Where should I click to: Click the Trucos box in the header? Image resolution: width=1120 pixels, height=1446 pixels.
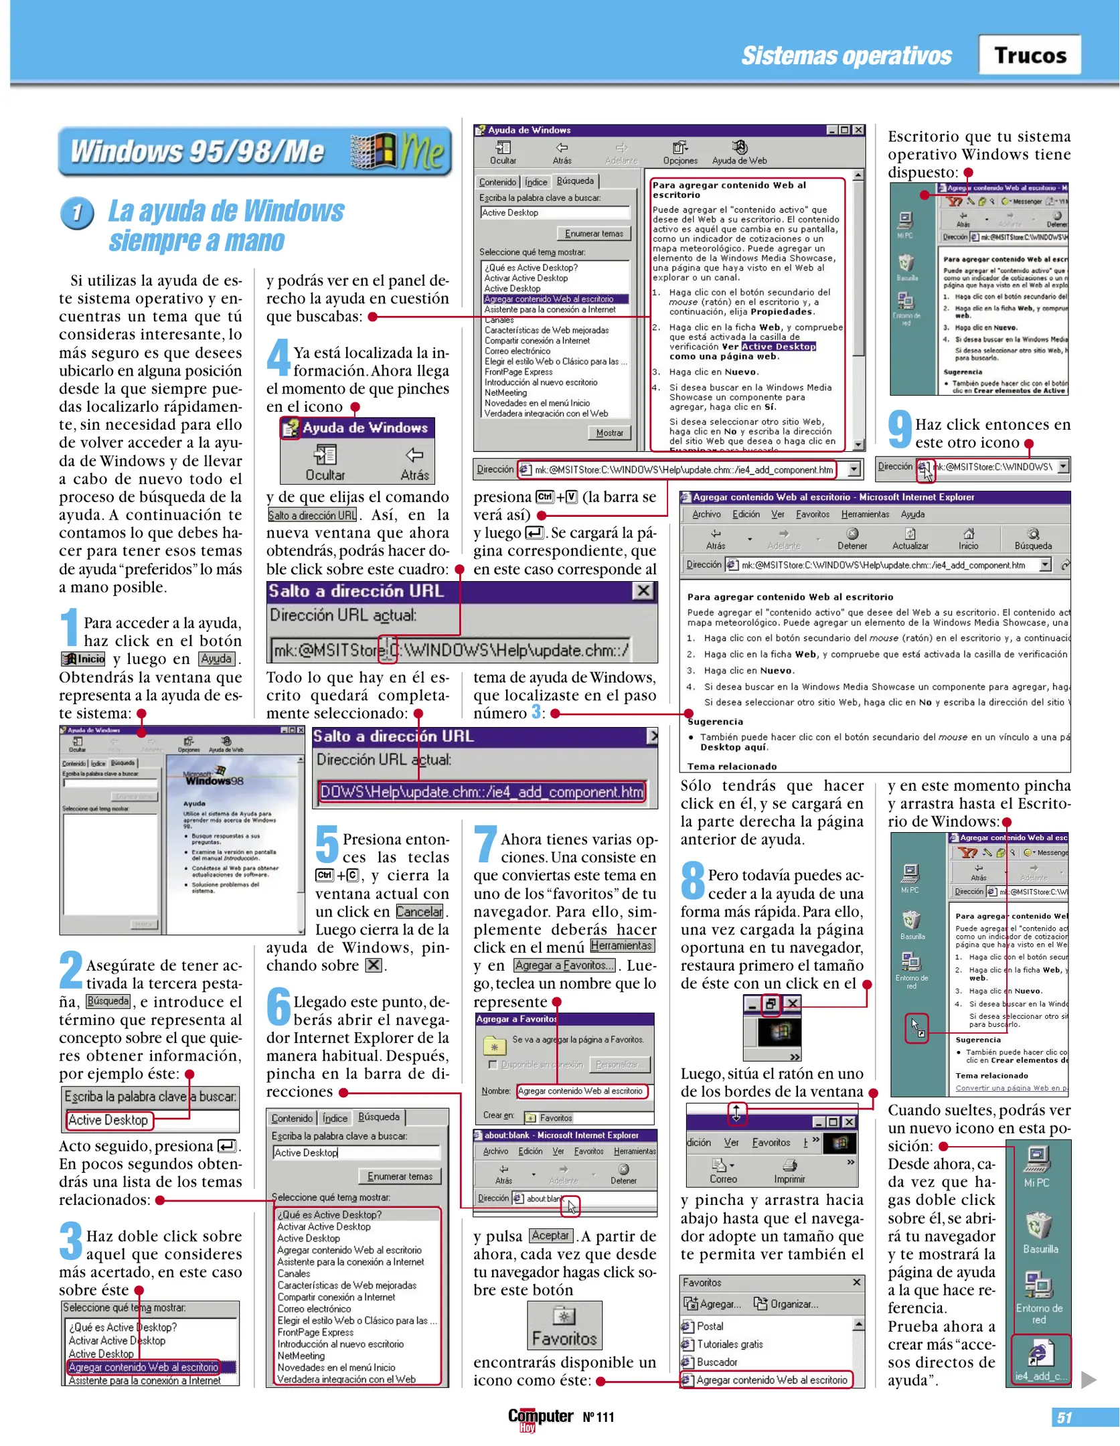coord(1029,55)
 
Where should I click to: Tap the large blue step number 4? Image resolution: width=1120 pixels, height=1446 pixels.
coord(278,357)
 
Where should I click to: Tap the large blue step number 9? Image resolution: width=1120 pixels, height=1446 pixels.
coord(899,429)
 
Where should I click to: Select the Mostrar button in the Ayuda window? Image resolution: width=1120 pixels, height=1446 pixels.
coord(609,432)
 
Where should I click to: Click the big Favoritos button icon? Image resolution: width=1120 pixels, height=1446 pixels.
coord(564,1325)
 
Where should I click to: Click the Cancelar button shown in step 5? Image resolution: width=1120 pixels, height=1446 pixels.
coord(419,912)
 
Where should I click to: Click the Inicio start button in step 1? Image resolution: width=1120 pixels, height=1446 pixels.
coord(84,659)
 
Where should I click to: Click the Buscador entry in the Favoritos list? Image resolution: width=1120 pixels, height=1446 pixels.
coord(716,1362)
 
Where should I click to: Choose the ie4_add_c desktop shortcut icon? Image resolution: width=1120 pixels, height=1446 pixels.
coord(1040,1359)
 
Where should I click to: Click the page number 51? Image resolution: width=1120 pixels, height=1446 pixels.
coord(1064,1417)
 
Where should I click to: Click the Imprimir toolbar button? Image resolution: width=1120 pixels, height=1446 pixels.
coord(789,1172)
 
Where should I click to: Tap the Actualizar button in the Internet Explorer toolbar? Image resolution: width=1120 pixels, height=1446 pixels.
coord(910,538)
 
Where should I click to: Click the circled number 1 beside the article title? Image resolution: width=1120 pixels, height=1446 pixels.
coord(77,214)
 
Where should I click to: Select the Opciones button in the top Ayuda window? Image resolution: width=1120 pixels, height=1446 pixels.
coord(680,153)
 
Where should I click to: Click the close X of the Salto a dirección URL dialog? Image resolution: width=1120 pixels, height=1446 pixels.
coord(643,590)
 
